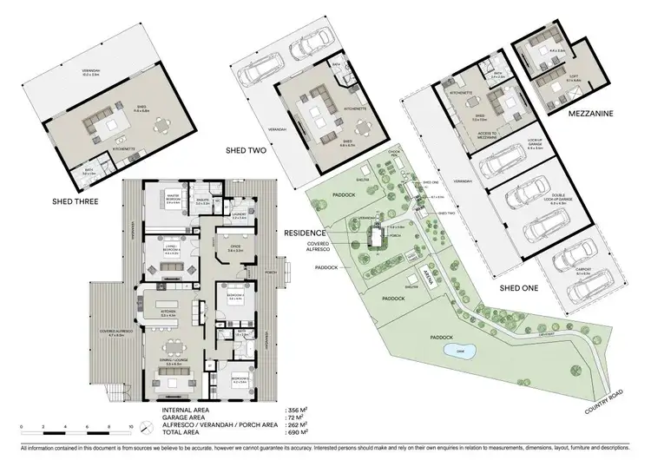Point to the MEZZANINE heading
pyautogui.click(x=568, y=113)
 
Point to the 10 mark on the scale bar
pyautogui.click(x=129, y=428)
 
